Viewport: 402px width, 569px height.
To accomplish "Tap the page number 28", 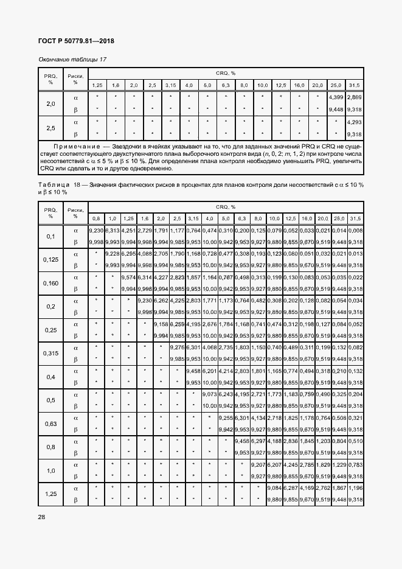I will click(42, 517).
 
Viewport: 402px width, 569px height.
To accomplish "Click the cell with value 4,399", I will click(336, 97).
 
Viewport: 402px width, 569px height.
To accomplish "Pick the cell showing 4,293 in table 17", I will click(354, 122).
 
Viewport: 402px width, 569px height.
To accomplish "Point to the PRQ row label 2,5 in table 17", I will click(51, 128).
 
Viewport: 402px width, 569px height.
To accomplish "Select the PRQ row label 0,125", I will click(51, 259).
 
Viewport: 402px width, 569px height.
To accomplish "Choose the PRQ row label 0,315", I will click(51, 353).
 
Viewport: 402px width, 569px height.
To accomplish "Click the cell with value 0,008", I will click(355, 230).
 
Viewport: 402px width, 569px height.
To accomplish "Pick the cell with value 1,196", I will click(355, 488).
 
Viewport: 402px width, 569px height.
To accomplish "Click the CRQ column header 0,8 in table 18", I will click(96, 218).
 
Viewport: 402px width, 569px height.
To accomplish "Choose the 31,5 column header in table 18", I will click(355, 218).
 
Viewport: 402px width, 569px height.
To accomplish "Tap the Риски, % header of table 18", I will click(76, 212).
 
